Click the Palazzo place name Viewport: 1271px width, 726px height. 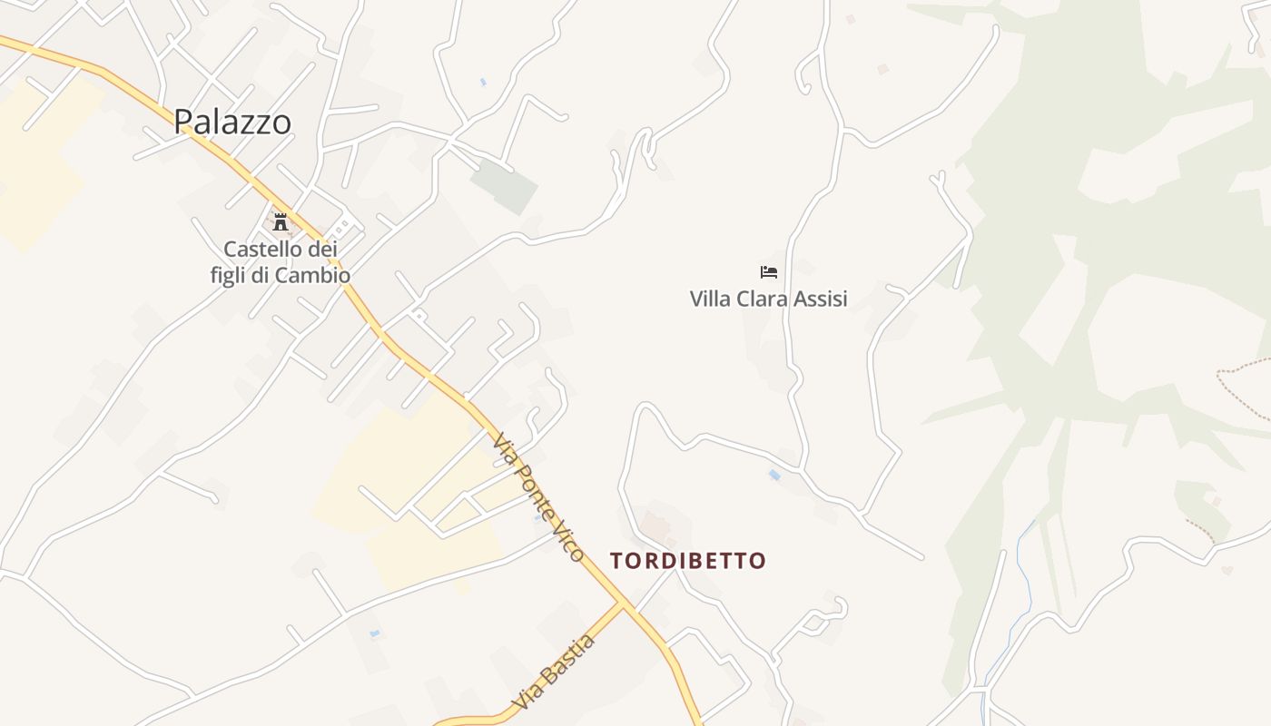pyautogui.click(x=232, y=122)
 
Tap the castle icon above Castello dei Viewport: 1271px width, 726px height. pyautogui.click(x=281, y=221)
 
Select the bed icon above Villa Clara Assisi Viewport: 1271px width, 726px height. pyautogui.click(x=769, y=271)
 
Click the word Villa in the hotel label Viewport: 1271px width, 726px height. pyautogui.click(x=709, y=299)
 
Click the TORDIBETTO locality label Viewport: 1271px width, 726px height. pyautogui.click(x=688, y=561)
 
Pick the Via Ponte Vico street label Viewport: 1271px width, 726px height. pyautogui.click(x=538, y=496)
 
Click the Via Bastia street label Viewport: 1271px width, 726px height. pyautogui.click(x=554, y=672)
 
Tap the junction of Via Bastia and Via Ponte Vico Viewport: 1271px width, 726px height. pyautogui.click(x=624, y=604)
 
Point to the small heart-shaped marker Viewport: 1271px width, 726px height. pyautogui.click(x=1227, y=570)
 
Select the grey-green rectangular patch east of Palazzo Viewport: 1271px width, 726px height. pyautogui.click(x=503, y=186)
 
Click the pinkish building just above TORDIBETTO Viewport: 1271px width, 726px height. pyautogui.click(x=655, y=525)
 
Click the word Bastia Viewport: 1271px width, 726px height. pyautogui.click(x=567, y=660)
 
